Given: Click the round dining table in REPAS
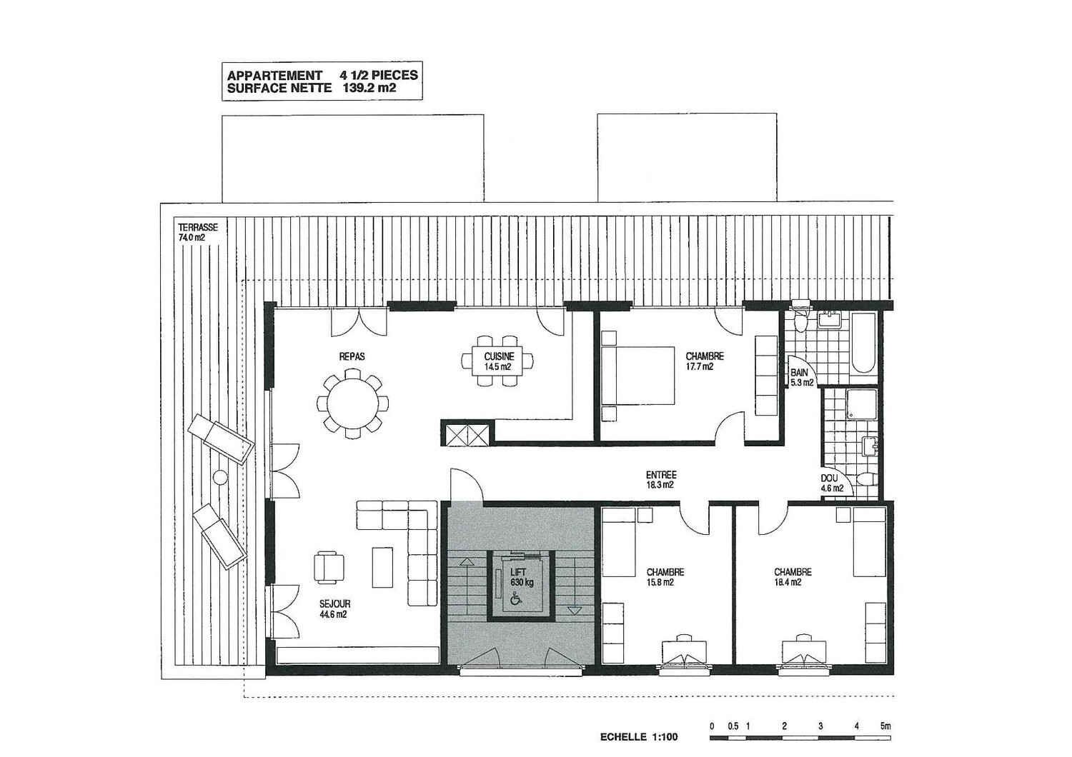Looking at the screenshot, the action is pyautogui.click(x=353, y=403).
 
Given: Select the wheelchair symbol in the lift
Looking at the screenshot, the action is pyautogui.click(x=516, y=598).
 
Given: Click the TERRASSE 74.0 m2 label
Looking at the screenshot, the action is pyautogui.click(x=198, y=232).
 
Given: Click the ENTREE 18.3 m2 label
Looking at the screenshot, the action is pyautogui.click(x=661, y=480).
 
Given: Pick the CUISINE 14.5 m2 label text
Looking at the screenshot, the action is pyautogui.click(x=499, y=361).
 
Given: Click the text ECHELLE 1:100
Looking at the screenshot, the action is pyautogui.click(x=639, y=737).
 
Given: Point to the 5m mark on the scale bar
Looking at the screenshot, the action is pyautogui.click(x=885, y=726).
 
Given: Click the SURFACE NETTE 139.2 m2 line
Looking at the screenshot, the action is pyautogui.click(x=312, y=88).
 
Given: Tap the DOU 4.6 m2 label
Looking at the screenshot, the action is pyautogui.click(x=832, y=483).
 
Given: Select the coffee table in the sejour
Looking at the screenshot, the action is pyautogui.click(x=382, y=567).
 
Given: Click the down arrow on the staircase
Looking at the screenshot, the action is pyautogui.click(x=573, y=586).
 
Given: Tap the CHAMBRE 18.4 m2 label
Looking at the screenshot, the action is pyautogui.click(x=793, y=577).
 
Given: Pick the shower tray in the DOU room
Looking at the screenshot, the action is pyautogui.click(x=862, y=404).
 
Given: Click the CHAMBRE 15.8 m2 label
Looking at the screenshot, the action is pyautogui.click(x=665, y=577).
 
